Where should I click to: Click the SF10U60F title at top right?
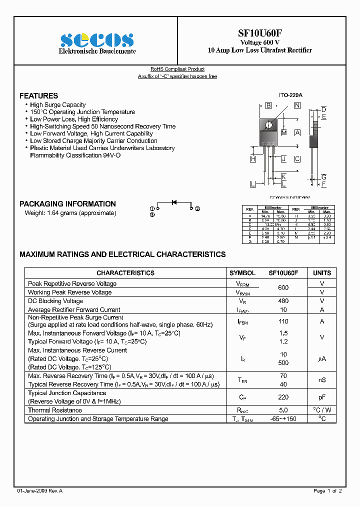pyautogui.click(x=259, y=33)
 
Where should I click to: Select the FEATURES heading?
pyautogui.click(x=38, y=95)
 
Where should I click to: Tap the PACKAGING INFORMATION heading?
pyautogui.click(x=67, y=204)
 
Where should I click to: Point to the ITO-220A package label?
pyautogui.click(x=290, y=95)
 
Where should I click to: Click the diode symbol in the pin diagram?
pyautogui.click(x=174, y=202)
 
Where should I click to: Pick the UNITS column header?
pyautogui.click(x=321, y=273)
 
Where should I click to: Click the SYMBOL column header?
pyautogui.click(x=242, y=273)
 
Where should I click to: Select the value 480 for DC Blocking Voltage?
pyautogui.click(x=283, y=301)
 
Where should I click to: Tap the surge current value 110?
pyautogui.click(x=283, y=321)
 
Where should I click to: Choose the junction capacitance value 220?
pyautogui.click(x=283, y=397)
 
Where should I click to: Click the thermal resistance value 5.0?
pyautogui.click(x=283, y=410)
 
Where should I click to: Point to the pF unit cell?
pyautogui.click(x=321, y=397)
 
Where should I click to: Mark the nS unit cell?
pyautogui.click(x=321, y=380)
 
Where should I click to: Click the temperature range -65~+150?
pyautogui.click(x=283, y=419)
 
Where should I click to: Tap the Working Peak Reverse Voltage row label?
pyautogui.click(x=69, y=292)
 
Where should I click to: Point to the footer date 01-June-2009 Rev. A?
pyautogui.click(x=40, y=491)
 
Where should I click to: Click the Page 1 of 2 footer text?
pyautogui.click(x=327, y=491)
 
